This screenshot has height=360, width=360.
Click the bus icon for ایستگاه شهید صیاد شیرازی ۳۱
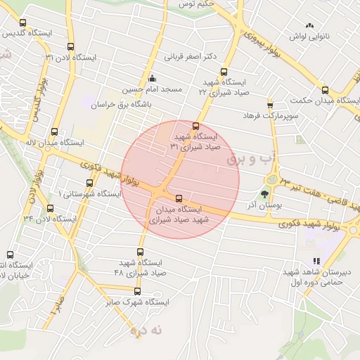[195, 126]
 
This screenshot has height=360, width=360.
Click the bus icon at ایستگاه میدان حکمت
[325, 90]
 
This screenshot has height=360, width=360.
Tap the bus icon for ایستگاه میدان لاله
[56, 131]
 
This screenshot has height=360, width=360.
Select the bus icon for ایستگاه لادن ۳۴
[49, 208]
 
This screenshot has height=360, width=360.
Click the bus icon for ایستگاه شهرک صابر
[137, 291]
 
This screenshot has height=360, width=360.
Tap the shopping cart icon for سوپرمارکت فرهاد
[270, 105]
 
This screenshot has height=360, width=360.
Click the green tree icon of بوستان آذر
[265, 194]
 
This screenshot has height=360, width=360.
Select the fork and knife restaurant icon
[316, 260]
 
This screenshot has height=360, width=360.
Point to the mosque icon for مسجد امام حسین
[152, 78]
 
